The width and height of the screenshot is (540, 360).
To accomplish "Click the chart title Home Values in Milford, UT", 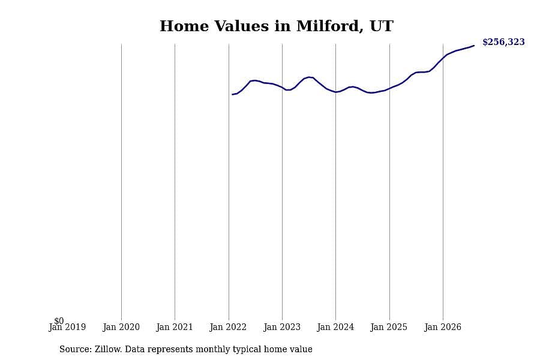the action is [x=276, y=26].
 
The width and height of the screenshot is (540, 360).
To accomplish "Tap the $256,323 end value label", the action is [x=503, y=42].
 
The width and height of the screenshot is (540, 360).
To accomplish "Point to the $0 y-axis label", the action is [x=59, y=321].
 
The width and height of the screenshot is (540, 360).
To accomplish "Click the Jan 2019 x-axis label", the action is [x=67, y=327].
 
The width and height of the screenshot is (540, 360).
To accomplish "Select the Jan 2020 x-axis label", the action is [x=121, y=327].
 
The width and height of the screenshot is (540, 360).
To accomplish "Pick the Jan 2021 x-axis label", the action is [x=175, y=327].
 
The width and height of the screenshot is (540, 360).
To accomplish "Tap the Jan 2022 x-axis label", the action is [x=228, y=327].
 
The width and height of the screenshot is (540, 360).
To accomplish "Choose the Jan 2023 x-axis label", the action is [x=282, y=327].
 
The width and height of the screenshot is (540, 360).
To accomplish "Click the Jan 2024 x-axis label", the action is [x=335, y=327].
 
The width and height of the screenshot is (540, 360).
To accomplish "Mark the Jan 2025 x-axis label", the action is [x=389, y=327].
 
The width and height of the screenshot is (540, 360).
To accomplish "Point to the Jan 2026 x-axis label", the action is [x=443, y=327].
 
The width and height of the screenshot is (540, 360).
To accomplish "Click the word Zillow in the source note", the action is [x=108, y=349].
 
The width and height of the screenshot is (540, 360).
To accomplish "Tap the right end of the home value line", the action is [x=474, y=46].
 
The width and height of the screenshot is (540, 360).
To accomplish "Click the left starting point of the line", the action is [x=232, y=94].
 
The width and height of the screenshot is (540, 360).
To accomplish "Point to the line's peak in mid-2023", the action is [x=309, y=77].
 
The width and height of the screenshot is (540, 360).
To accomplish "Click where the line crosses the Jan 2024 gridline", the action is [x=336, y=92].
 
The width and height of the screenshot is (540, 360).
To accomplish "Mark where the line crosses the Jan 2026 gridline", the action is [x=443, y=57].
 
